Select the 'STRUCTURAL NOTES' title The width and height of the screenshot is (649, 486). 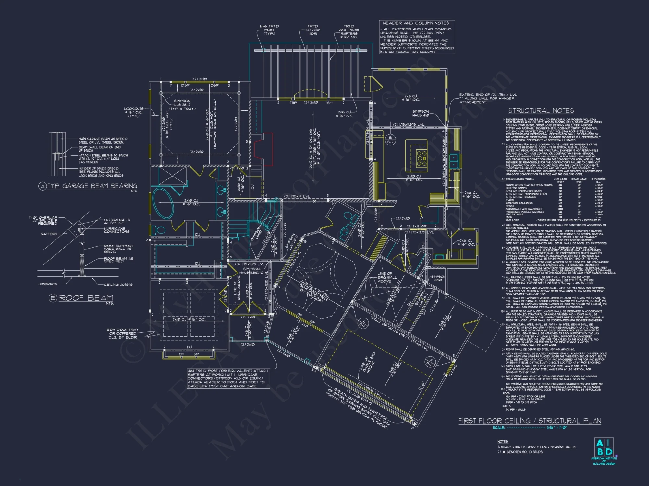[x=541, y=111]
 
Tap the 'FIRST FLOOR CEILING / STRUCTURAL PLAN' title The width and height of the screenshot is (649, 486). [x=529, y=421]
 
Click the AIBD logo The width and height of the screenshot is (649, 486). [x=604, y=447]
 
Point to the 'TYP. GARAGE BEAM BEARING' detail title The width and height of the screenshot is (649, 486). [x=92, y=186]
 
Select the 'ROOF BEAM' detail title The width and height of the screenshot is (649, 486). [x=86, y=298]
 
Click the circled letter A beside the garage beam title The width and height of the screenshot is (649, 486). [x=42, y=186]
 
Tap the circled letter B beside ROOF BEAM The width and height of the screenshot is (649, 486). [x=53, y=298]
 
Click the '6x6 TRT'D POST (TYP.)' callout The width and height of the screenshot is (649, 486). [x=269, y=30]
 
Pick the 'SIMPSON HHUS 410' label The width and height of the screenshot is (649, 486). [x=421, y=113]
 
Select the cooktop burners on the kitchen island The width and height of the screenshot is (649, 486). [x=422, y=158]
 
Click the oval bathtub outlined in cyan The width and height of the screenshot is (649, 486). [x=163, y=203]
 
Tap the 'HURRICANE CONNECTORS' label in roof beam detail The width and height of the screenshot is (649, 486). [x=116, y=230]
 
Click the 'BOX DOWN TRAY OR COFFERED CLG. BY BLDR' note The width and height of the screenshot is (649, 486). [x=123, y=333]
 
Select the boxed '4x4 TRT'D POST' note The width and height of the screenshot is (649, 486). [x=228, y=378]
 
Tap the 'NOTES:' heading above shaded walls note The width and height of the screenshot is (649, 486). [x=503, y=442]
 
